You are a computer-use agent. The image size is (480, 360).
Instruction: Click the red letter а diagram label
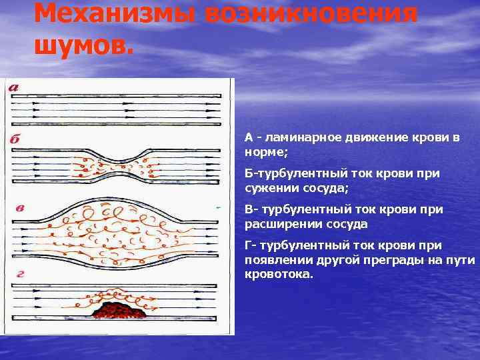[x=14, y=87]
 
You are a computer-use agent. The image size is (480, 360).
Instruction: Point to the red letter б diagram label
[x=15, y=140]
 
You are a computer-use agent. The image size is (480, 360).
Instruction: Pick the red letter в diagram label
[x=21, y=207]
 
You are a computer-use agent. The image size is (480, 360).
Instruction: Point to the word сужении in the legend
[x=269, y=187]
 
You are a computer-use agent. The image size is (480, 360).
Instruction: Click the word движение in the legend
[x=373, y=138]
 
